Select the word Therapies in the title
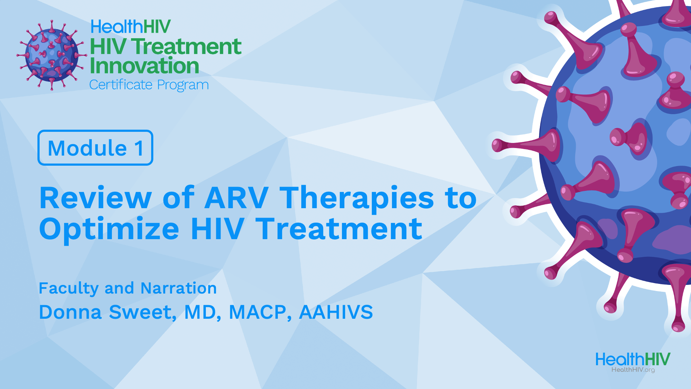(x=357, y=198)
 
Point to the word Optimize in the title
(x=109, y=229)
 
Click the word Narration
(x=179, y=288)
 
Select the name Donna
(x=71, y=312)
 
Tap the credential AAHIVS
(x=336, y=312)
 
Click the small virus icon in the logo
(x=52, y=55)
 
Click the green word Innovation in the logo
(x=144, y=66)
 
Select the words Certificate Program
(x=149, y=85)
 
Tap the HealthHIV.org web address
(x=633, y=370)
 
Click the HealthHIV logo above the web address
(x=633, y=359)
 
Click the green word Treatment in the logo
(x=186, y=47)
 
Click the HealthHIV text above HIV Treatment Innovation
(x=131, y=27)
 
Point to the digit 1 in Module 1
(x=139, y=148)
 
